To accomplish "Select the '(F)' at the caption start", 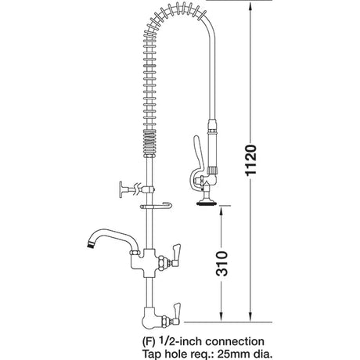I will pos(131,340).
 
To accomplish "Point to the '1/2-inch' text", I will pos(171,340).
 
